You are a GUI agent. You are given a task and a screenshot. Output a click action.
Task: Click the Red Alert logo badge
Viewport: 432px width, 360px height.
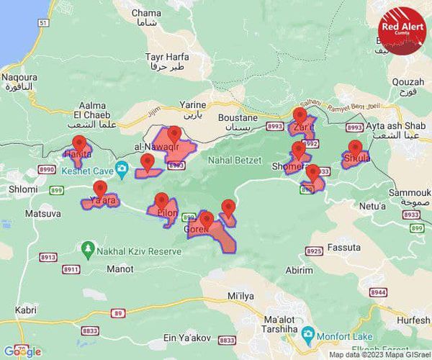401,28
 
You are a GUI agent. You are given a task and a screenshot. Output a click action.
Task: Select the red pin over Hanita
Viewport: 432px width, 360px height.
79,143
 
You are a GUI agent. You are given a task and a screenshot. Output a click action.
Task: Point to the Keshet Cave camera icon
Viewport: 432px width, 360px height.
122,171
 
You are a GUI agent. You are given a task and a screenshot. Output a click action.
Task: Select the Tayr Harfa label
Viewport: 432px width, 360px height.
166,60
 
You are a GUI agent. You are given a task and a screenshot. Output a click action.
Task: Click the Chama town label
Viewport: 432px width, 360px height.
147,18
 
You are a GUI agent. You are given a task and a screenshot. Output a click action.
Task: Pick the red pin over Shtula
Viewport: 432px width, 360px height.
355,148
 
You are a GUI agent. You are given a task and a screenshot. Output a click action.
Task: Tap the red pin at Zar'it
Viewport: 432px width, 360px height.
300,116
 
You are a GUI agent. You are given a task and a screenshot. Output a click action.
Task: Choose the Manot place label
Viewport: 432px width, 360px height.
120,269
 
